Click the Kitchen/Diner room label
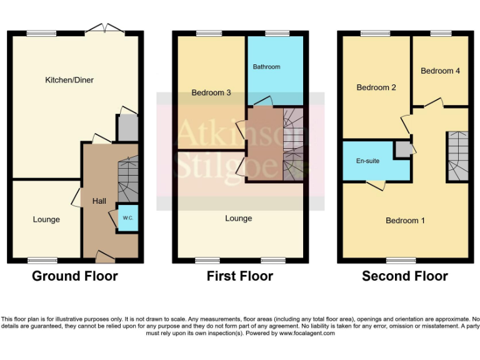point(69,80)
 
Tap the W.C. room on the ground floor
point(127,218)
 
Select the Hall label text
point(99,201)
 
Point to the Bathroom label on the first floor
point(266,67)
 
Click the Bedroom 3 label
point(211,92)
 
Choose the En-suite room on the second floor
point(368,161)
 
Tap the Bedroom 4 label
point(440,71)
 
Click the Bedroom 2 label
point(376,87)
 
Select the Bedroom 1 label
point(405,221)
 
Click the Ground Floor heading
point(74,276)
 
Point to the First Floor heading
point(240,276)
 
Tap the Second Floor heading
point(404,276)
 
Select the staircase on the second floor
point(458,156)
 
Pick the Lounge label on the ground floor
point(46,219)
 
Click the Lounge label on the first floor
point(239,218)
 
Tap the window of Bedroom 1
point(401,260)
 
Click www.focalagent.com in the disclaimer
point(306,333)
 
